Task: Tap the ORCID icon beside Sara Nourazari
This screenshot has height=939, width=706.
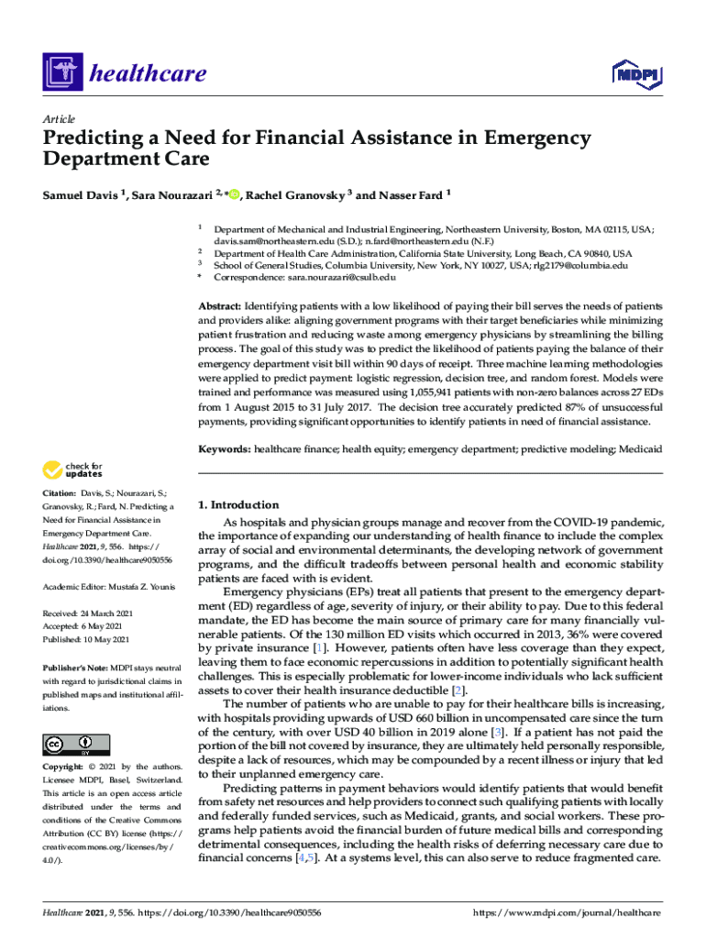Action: click(x=235, y=194)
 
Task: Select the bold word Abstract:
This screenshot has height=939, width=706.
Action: click(x=221, y=304)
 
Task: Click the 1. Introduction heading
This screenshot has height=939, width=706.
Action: click(x=239, y=504)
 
